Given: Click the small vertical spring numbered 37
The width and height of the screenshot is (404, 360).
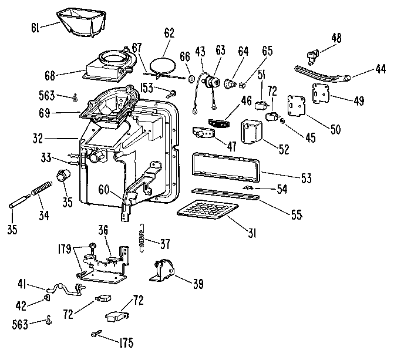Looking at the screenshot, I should [141, 238].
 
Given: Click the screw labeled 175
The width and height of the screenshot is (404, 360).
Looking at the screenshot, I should [96, 334].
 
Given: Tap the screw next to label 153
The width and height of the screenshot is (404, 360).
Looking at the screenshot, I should [171, 92].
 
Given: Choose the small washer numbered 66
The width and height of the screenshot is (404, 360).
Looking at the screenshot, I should [192, 78].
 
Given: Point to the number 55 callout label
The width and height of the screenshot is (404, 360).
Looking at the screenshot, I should [295, 215].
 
